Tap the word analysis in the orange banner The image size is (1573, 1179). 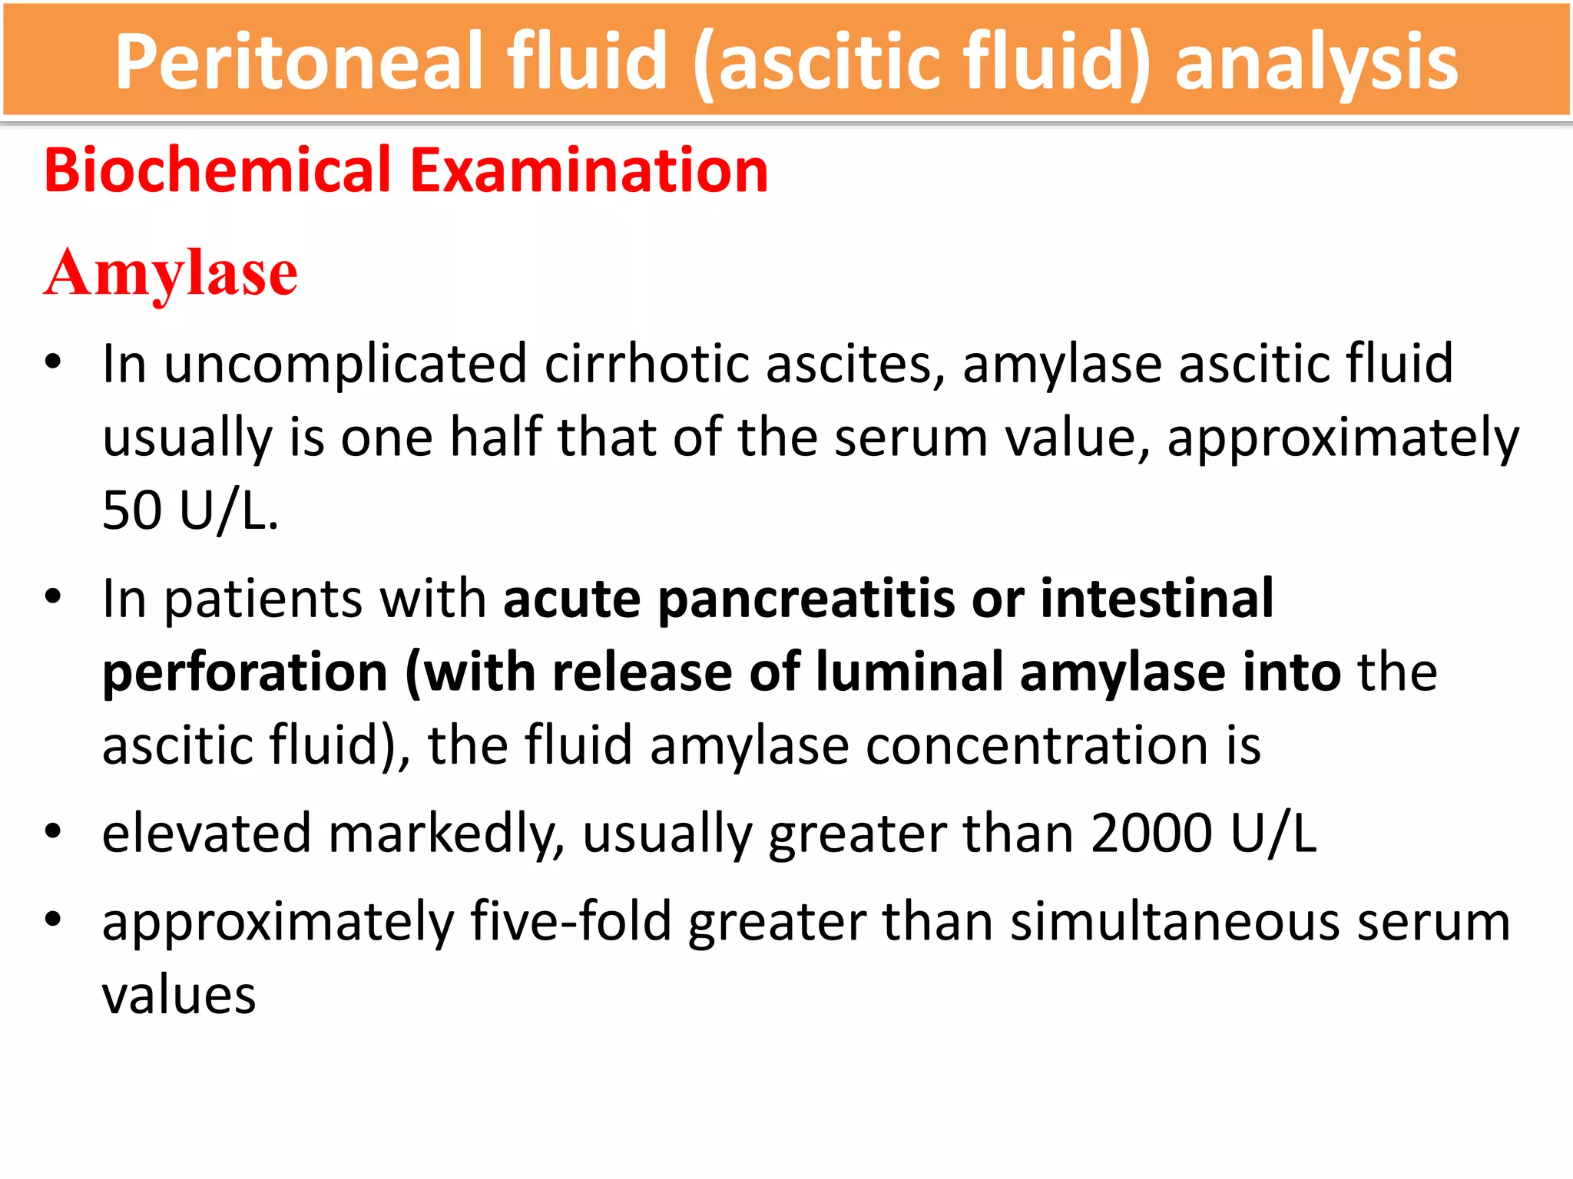pyautogui.click(x=1316, y=63)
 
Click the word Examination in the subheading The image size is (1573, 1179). pyautogui.click(x=589, y=170)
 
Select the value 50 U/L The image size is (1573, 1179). pyautogui.click(x=189, y=510)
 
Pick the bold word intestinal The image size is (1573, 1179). pyautogui.click(x=1157, y=599)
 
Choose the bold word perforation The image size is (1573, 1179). pyautogui.click(x=245, y=672)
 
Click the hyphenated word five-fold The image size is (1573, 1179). pyautogui.click(x=571, y=922)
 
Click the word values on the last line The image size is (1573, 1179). pyautogui.click(x=179, y=996)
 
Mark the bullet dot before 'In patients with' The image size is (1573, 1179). pyautogui.click(x=52, y=597)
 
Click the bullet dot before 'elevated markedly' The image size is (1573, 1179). pyautogui.click(x=52, y=832)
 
